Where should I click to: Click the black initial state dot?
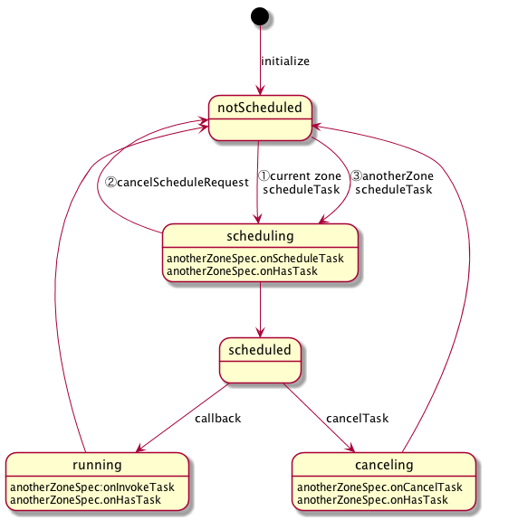click(x=260, y=16)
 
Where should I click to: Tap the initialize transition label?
click(x=285, y=61)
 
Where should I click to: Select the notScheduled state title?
click(x=260, y=108)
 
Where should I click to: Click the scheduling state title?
click(x=260, y=236)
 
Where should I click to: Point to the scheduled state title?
click(x=260, y=350)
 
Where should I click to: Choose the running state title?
click(x=97, y=465)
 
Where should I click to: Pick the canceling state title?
click(x=384, y=465)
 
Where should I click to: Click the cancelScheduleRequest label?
click(x=183, y=183)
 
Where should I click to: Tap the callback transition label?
click(x=218, y=419)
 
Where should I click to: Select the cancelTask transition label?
click(x=358, y=419)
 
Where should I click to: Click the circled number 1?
click(x=264, y=175)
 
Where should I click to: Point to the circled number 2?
click(x=110, y=183)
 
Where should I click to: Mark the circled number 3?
click(x=357, y=175)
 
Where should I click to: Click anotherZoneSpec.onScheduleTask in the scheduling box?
click(x=255, y=259)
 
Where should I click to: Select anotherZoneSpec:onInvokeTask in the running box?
click(x=92, y=487)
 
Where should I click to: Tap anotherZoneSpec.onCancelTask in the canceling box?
click(x=379, y=487)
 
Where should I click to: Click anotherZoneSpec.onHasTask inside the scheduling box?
click(x=242, y=271)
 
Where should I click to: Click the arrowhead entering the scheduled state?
click(x=260, y=333)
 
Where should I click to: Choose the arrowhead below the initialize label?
click(x=260, y=90)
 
